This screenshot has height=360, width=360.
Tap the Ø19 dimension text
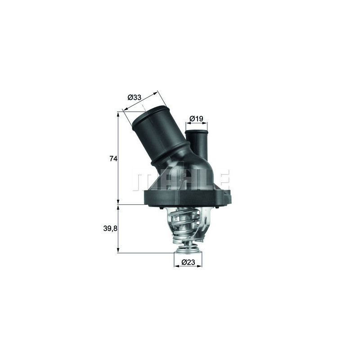pos(197,119)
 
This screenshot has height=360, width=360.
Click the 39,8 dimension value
pos(110,229)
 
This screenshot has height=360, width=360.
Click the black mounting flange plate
pos(189,198)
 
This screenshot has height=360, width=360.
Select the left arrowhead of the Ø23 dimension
pos(175,266)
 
